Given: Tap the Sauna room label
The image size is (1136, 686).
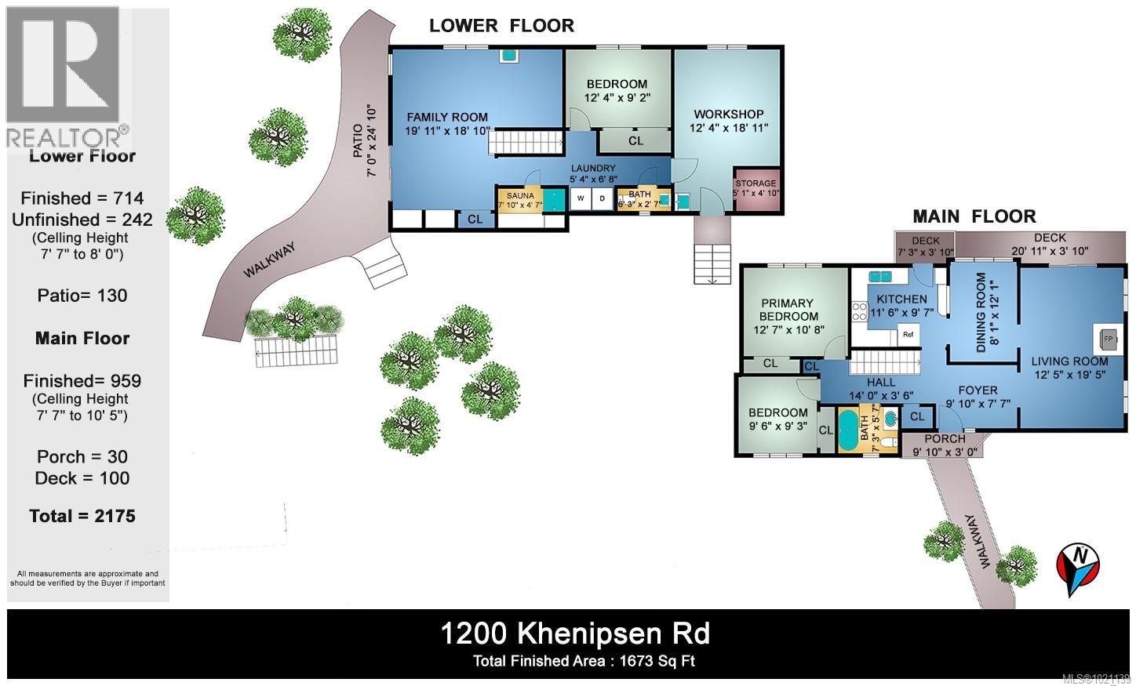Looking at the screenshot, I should click(x=520, y=195).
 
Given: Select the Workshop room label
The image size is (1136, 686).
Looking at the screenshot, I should click(x=726, y=114).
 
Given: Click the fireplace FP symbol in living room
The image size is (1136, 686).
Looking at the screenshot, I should click(x=1108, y=339).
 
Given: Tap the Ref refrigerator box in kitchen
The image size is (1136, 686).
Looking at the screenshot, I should click(x=908, y=334).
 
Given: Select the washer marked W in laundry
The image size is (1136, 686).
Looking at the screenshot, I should click(x=581, y=198).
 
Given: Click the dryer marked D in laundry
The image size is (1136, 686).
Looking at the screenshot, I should click(x=603, y=198).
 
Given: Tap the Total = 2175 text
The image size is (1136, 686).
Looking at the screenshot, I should click(x=82, y=516).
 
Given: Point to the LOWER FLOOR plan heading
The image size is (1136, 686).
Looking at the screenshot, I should click(x=501, y=25).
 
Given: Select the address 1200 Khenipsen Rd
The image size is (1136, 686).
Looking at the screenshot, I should click(x=575, y=633).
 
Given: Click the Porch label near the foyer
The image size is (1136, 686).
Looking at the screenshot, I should click(x=945, y=439).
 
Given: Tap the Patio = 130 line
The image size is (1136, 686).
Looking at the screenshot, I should click(x=82, y=296).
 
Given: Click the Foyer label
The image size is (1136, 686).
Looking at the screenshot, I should click(x=978, y=390).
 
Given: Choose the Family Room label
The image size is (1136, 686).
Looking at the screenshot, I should click(x=446, y=118).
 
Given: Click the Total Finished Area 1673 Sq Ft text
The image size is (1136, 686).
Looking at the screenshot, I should click(x=584, y=661).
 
